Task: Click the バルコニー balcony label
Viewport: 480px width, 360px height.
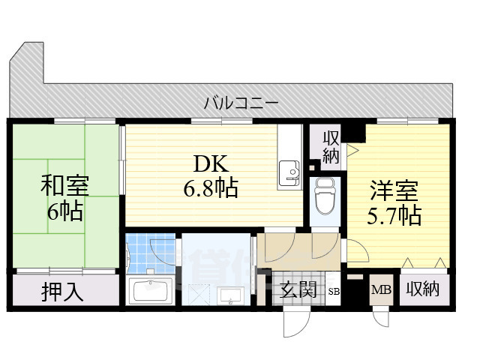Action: [241, 103]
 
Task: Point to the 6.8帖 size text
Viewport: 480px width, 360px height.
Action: [211, 187]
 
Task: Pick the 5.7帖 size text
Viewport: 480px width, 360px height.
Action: [394, 215]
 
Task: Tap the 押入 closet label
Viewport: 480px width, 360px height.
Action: [62, 292]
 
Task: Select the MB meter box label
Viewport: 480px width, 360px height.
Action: [381, 289]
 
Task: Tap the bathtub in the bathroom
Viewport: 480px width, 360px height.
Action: [152, 291]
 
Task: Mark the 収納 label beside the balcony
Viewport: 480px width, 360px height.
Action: [331, 147]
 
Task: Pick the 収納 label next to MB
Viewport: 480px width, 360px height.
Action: [423, 289]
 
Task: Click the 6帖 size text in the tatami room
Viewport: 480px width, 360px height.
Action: [64, 211]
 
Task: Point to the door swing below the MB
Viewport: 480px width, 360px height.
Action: [379, 315]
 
